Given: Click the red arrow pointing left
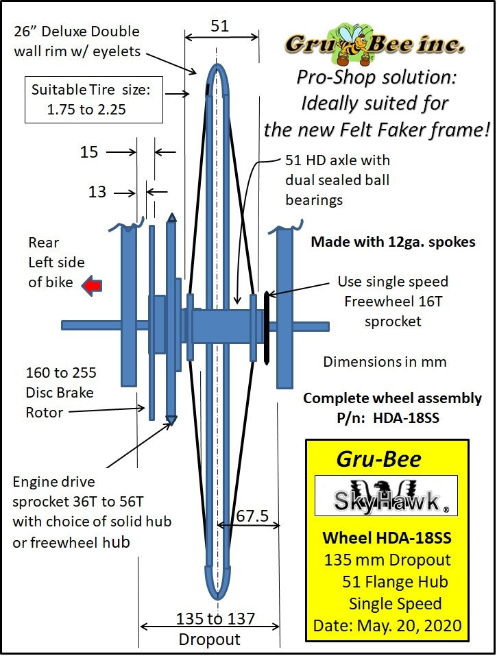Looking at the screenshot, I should point(90,284).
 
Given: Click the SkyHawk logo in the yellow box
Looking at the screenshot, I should point(386,496).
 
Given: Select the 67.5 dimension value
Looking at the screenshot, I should point(250,515).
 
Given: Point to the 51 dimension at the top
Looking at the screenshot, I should point(219,26).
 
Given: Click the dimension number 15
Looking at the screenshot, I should point(89,151).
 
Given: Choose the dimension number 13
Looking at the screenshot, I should point(97,192).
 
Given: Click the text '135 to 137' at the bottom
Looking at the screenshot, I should point(215,619).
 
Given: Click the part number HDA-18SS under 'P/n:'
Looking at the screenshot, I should point(407,417).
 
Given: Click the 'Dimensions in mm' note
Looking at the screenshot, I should point(385,361).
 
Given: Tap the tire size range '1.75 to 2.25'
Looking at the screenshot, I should point(86,109).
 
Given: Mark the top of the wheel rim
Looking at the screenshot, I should point(218,67).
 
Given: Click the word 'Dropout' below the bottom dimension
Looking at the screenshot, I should point(209,640).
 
